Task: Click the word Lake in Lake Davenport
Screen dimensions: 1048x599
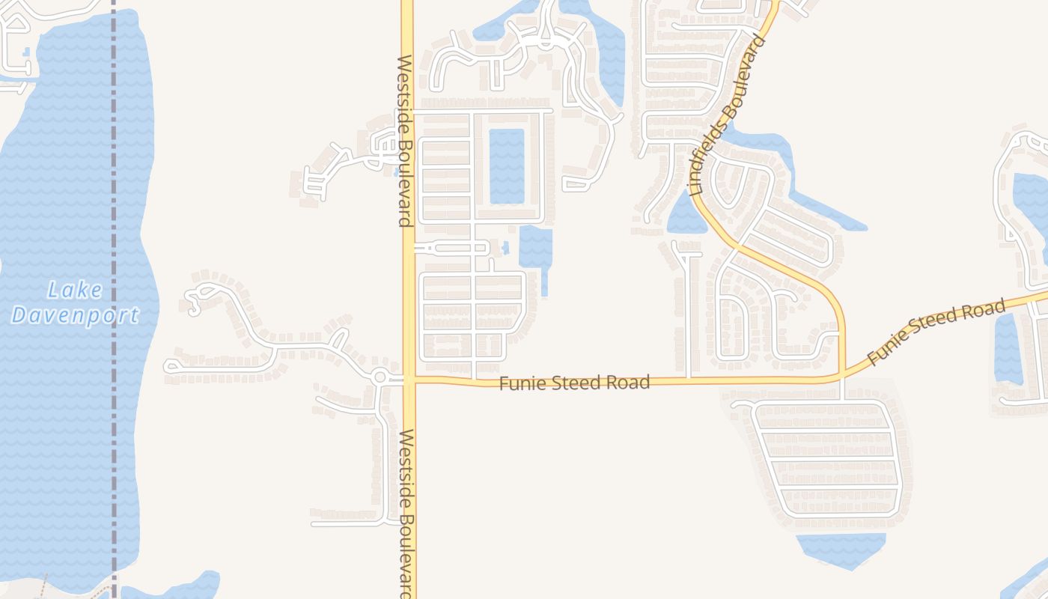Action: (75, 290)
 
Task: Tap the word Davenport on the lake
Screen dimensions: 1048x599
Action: (75, 315)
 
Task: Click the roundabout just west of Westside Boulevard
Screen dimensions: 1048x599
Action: (380, 377)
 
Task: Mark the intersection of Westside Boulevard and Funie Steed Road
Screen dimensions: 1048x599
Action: (408, 380)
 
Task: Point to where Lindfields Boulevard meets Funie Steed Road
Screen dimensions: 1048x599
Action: (844, 374)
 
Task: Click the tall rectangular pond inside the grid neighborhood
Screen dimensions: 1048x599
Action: (507, 165)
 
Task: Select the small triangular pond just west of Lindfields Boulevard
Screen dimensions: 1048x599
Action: (683, 216)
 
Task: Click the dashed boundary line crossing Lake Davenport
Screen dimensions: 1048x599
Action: (114, 225)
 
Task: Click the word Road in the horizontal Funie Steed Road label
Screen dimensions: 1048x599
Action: (630, 383)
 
